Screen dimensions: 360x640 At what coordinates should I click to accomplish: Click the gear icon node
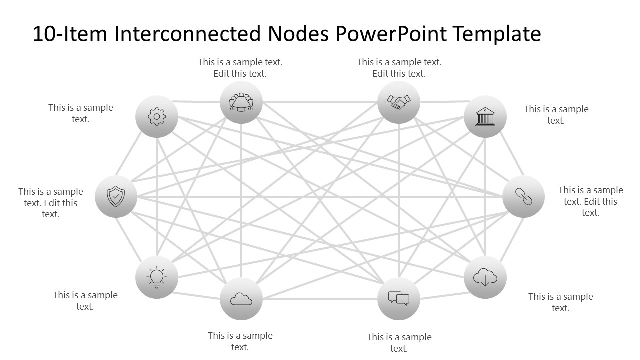pyautogui.click(x=157, y=117)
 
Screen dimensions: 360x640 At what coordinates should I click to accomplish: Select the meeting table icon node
pyautogui.click(x=241, y=102)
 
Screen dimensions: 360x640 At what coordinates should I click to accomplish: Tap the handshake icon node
pyautogui.click(x=398, y=102)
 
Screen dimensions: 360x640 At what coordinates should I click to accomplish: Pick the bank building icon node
pyautogui.click(x=485, y=117)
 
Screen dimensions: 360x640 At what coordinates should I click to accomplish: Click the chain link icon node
pyautogui.click(x=523, y=197)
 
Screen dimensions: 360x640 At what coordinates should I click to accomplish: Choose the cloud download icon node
pyautogui.click(x=485, y=277)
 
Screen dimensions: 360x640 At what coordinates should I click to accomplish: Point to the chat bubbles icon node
pyautogui.click(x=398, y=299)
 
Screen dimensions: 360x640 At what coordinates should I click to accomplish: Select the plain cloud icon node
pyautogui.click(x=241, y=299)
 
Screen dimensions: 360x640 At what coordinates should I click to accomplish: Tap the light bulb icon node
pyautogui.click(x=157, y=277)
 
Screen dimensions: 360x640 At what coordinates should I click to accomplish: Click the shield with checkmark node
pyautogui.click(x=116, y=197)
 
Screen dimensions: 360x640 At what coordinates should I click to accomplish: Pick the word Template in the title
pyautogui.click(x=497, y=34)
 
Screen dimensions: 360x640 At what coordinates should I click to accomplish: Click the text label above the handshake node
pyautogui.click(x=399, y=68)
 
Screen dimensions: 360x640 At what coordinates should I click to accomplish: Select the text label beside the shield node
pyautogui.click(x=51, y=203)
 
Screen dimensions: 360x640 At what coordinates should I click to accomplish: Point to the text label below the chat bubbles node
pyautogui.click(x=399, y=343)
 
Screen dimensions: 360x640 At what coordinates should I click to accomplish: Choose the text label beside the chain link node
pyautogui.click(x=590, y=201)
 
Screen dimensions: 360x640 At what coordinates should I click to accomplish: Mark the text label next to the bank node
pyautogui.click(x=556, y=115)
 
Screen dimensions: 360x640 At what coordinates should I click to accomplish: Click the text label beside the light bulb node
pyautogui.click(x=85, y=301)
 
